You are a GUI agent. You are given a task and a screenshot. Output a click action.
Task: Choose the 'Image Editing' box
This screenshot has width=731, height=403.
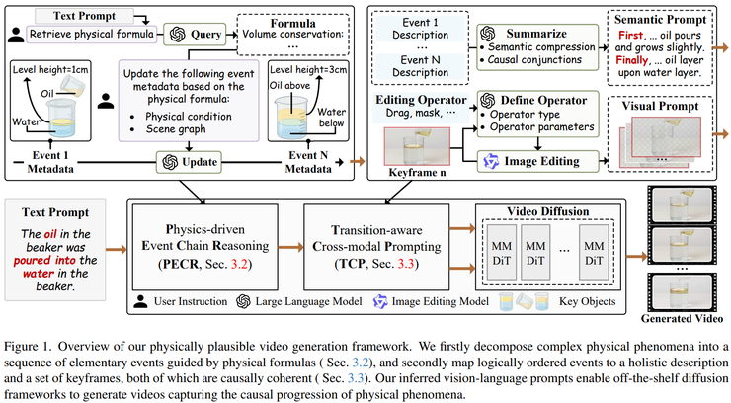pos(533,160)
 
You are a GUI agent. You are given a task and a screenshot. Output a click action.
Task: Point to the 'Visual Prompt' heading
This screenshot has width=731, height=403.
pos(659,104)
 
